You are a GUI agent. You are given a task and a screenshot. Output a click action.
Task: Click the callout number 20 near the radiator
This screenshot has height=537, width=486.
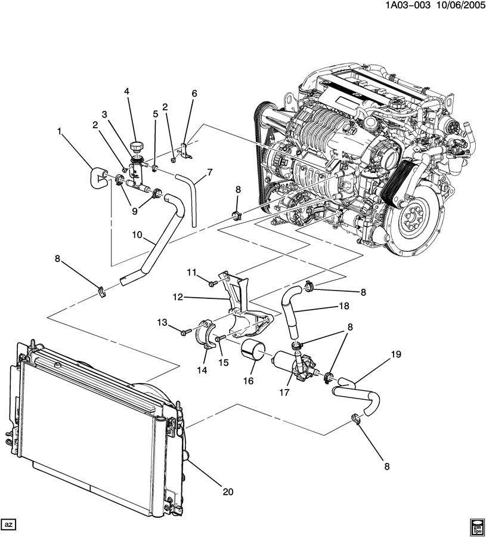point(228,492)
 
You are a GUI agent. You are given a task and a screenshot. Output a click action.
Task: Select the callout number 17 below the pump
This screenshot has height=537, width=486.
point(284,393)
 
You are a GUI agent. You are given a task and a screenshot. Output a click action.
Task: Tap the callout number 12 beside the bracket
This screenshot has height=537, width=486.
point(178,297)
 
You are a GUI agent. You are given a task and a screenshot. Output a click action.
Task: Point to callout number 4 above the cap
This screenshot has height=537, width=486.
point(127,91)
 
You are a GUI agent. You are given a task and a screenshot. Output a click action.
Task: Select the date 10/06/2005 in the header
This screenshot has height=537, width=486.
point(456,6)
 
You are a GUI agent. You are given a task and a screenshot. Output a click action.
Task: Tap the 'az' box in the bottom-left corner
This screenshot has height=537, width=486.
point(8,524)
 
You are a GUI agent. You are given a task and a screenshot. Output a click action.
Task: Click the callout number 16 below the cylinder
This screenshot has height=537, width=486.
point(248,381)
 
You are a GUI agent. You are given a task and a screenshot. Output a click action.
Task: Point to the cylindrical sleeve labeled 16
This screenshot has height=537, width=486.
point(253,350)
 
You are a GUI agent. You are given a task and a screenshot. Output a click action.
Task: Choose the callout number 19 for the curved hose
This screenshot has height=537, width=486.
point(395,354)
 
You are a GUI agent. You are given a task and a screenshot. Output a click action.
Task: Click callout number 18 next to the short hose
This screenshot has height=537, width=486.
point(344,306)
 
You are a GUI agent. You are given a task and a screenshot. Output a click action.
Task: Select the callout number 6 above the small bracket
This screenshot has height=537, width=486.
point(194,93)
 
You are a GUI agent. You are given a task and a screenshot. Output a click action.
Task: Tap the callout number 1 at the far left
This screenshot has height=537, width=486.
point(59,131)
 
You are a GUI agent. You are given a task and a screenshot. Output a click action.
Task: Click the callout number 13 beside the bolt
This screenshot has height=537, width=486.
point(162,322)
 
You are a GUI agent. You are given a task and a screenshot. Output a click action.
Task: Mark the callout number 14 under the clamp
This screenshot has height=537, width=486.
point(202,370)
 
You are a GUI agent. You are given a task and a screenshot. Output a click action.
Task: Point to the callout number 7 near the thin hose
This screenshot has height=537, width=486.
point(209,172)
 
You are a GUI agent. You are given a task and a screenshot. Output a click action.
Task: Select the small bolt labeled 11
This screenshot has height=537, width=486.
point(213,283)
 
